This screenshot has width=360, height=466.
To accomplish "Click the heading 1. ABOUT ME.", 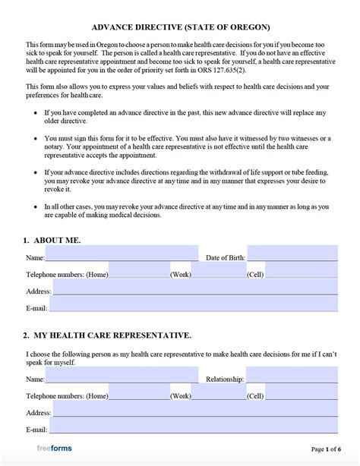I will [x=52, y=240].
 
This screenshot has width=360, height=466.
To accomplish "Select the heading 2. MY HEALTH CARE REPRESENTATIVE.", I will [x=107, y=335].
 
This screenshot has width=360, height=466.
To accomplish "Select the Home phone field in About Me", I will [x=139, y=271].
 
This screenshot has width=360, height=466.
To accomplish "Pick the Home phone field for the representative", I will [x=139, y=395].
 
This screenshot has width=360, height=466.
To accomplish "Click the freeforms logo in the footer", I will [x=54, y=448].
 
